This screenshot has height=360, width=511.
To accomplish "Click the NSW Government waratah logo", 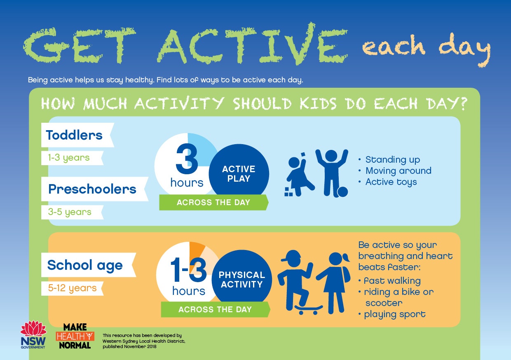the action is (33, 335).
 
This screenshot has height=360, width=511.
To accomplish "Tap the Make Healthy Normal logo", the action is (75, 336).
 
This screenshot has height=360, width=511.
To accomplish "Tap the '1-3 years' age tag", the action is (72, 158).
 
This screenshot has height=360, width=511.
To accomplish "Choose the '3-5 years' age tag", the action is (72, 212).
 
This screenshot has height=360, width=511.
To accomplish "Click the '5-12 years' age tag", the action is (72, 288).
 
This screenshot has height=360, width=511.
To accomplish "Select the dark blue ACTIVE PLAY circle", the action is (239, 173).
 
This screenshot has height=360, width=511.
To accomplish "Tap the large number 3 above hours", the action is (187, 159).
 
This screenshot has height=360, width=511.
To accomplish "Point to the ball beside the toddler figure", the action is (342, 192).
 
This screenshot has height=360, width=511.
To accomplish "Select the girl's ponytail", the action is (346, 257).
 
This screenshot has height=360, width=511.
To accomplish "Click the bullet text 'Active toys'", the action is (391, 182).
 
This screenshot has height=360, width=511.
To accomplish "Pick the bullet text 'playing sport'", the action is (395, 314).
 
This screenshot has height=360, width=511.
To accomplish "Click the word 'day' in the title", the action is (465, 49).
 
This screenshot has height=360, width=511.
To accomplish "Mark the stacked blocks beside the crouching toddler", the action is (288, 192).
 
